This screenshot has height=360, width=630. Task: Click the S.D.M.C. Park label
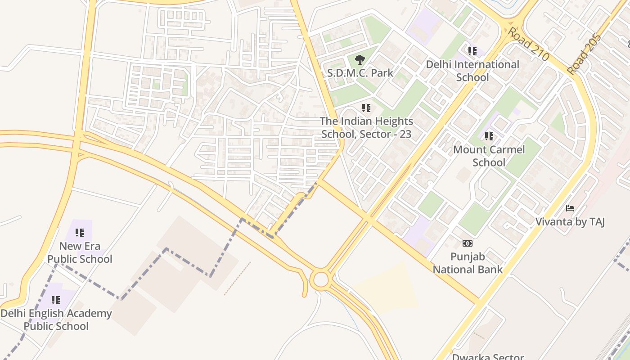point(360,73)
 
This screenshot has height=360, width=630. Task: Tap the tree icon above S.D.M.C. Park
point(360,59)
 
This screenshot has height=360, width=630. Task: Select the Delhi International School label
point(472,71)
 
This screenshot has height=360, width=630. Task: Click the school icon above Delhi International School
point(472,51)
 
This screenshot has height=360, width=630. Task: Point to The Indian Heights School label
point(366,127)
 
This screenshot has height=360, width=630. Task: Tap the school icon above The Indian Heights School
point(366,108)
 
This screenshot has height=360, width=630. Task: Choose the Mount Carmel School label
point(489,156)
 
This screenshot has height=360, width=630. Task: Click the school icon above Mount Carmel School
point(489,136)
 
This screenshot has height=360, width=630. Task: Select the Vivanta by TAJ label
point(570,221)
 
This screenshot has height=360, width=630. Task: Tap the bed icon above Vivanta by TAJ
point(570,208)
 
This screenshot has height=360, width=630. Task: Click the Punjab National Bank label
point(468,263)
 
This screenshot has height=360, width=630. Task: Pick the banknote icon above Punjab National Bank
point(468,243)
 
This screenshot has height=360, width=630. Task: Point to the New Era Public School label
point(80,252)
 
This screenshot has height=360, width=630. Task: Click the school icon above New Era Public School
point(80,233)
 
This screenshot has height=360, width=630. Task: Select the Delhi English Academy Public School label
point(56,319)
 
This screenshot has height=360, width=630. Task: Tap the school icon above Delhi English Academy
point(56,300)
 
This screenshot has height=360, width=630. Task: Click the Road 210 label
point(529,44)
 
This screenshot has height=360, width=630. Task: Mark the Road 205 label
point(585,54)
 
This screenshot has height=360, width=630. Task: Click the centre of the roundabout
point(321,280)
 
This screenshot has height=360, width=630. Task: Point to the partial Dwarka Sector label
point(488,357)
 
